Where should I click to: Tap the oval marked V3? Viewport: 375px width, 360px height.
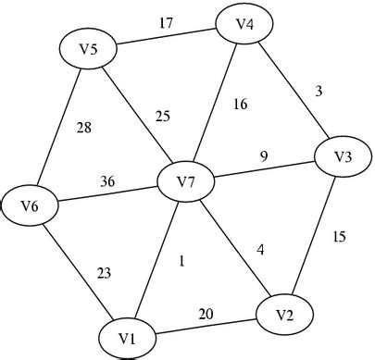click(x=341, y=156)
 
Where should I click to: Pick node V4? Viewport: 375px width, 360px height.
click(x=244, y=24)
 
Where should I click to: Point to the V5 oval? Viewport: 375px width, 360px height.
click(x=89, y=50)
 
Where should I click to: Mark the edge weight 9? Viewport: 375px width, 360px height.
click(x=263, y=156)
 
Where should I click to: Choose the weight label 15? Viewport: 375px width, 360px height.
click(x=339, y=237)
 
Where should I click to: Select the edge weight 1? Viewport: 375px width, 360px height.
click(x=181, y=262)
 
